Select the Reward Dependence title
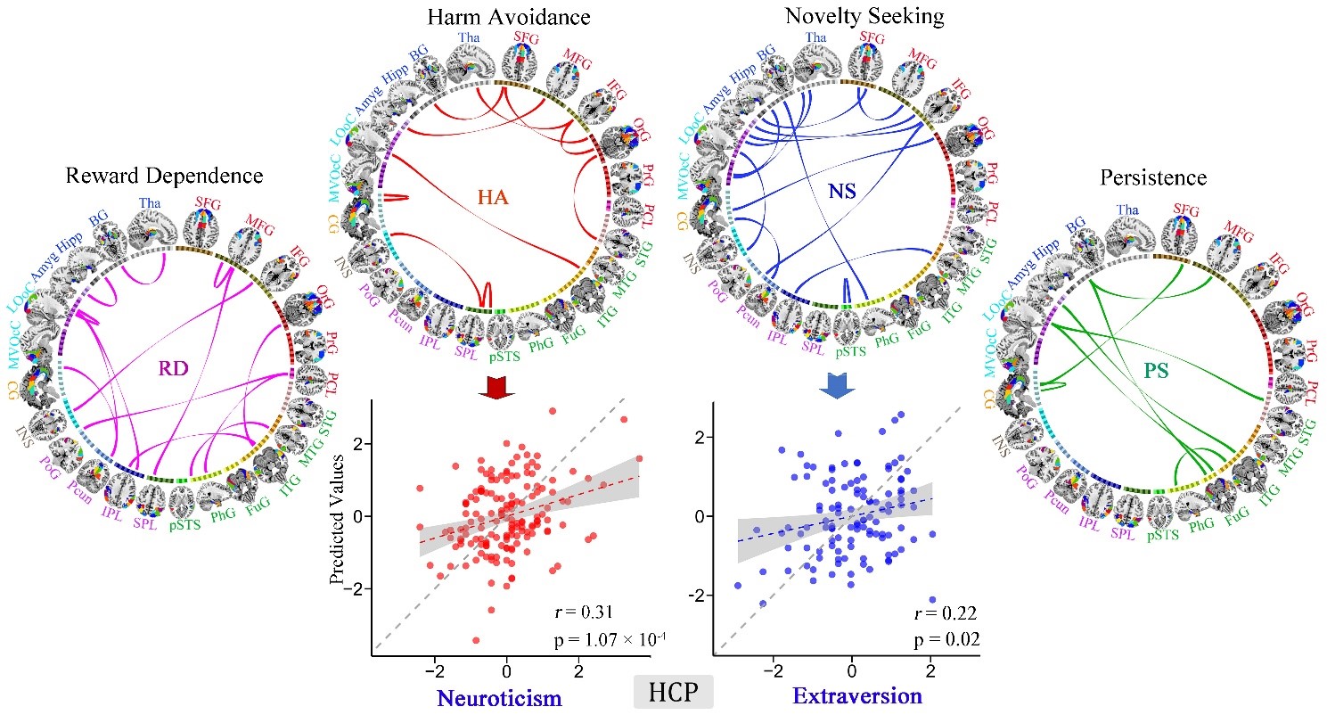tap(165, 176)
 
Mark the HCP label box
tap(674, 691)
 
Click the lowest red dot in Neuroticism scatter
tap(477, 640)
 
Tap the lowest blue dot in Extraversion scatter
tap(932, 600)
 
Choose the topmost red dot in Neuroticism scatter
tap(553, 411)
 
